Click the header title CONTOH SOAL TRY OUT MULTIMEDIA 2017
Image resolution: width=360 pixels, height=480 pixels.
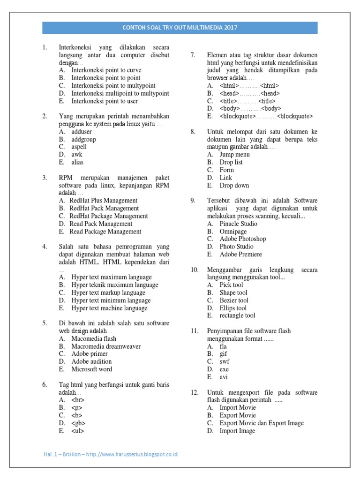pos(180,28)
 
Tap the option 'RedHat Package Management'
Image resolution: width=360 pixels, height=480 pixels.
pos(108,216)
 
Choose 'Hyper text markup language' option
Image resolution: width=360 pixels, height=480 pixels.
pos(108,292)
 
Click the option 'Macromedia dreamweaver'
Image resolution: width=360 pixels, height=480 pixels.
pos(106,346)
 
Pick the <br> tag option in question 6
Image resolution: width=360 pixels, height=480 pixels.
pos(78,400)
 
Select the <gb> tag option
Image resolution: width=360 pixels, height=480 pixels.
pos(78,423)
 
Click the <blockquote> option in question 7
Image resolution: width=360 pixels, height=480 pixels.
pos(266,116)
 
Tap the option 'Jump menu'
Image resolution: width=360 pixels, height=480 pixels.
pos(234,155)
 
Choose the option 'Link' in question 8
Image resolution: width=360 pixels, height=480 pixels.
pos(225,178)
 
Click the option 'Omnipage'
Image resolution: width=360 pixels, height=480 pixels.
pos(233,231)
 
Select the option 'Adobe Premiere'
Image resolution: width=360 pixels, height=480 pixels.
pos(240,254)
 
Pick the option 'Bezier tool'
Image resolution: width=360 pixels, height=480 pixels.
pos(234,300)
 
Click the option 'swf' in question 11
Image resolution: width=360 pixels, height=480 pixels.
pos(225,361)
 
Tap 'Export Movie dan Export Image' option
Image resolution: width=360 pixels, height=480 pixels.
pos(262,423)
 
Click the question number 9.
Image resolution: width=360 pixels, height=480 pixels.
pos(193,201)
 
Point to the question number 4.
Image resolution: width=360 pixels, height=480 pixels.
pos(45,247)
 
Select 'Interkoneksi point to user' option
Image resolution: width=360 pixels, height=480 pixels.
pos(105,101)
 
